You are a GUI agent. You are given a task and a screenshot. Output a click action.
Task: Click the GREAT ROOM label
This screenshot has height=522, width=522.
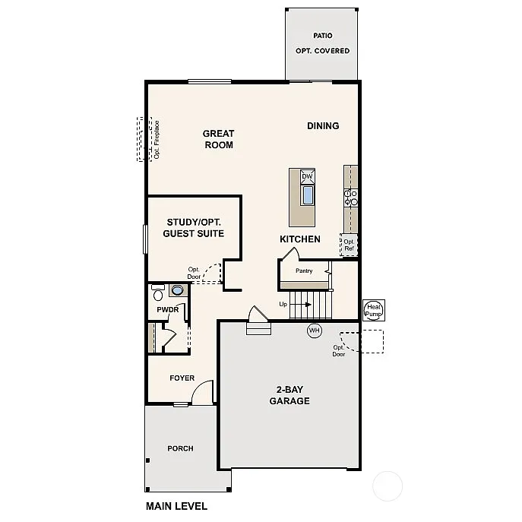tap(218, 139)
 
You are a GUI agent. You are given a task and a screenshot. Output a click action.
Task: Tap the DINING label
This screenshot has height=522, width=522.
tap(323, 126)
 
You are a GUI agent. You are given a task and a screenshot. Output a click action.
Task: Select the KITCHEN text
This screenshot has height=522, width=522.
tap(300, 239)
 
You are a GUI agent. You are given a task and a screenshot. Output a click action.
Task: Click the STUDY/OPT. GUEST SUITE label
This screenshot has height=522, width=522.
tap(194, 228)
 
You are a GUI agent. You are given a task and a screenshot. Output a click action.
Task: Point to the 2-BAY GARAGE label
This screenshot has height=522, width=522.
tap(289, 395)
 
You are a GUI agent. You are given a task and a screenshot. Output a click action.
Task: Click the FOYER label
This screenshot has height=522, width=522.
tap(182, 378)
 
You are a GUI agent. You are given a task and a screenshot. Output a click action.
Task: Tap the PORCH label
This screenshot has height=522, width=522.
tap(180, 448)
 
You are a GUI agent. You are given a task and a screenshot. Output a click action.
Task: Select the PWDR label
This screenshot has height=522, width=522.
tap(167, 310)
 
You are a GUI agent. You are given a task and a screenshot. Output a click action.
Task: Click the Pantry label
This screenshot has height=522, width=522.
tap(304, 270)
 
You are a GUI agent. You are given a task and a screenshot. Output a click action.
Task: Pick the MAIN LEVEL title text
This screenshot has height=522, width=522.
tap(176, 506)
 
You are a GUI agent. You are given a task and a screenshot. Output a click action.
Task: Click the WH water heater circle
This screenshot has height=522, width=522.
tap(315, 331)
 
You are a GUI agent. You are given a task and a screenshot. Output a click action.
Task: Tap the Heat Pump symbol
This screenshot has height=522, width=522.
tap(374, 309)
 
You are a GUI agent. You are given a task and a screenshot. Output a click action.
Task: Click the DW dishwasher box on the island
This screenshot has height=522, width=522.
tap(308, 177)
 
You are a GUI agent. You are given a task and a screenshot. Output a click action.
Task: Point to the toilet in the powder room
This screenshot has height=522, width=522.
tap(158, 293)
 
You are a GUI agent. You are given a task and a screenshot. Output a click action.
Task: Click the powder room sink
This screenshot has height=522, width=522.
tap(177, 290)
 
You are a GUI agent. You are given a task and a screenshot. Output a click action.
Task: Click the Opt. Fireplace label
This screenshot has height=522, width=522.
tap(156, 139)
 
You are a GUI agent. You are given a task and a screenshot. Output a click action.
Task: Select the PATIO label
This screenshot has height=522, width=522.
tap(323, 36)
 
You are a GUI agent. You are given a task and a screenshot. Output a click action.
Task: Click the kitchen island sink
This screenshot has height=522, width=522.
tap(308, 195)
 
